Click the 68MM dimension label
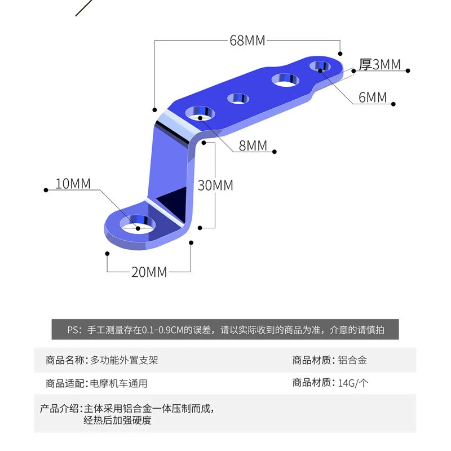click(x=247, y=41)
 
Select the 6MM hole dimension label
click(x=373, y=98)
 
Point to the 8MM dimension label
click(x=253, y=145)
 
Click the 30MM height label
click(x=215, y=185)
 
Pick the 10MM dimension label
click(x=73, y=184)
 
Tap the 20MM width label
click(x=149, y=272)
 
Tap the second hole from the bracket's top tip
click(x=286, y=79)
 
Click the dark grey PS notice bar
click(x=225, y=330)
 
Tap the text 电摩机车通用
click(x=119, y=383)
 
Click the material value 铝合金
click(x=353, y=360)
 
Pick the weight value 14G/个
click(x=353, y=383)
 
